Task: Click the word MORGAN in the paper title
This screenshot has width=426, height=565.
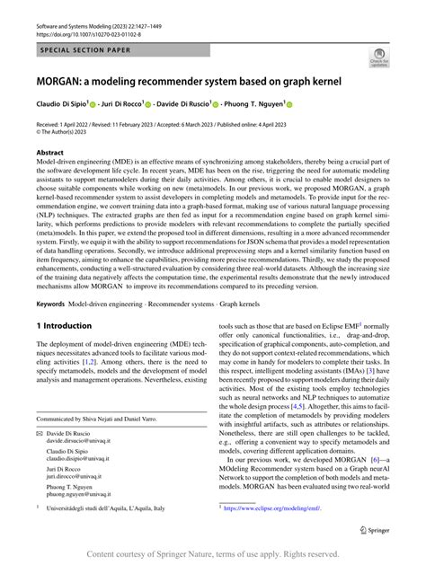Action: coord(64,80)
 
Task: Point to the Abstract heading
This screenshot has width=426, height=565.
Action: coord(50,154)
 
